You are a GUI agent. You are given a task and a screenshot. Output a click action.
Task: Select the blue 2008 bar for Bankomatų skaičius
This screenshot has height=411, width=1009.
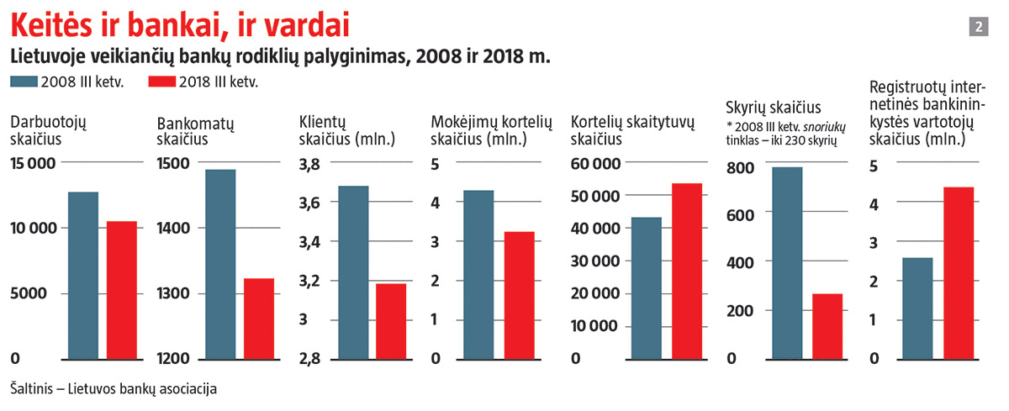(x=221, y=264)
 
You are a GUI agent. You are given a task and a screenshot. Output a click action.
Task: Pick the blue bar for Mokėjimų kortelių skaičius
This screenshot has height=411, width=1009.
(x=478, y=274)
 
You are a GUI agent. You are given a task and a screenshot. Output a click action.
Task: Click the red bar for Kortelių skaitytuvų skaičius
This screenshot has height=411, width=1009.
(x=686, y=271)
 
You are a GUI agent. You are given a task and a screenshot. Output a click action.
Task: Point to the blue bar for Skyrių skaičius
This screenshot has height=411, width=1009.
(x=788, y=262)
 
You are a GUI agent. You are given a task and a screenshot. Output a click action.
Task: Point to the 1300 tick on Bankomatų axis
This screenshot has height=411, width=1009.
(x=173, y=294)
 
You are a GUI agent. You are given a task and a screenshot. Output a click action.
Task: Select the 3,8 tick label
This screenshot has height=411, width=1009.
(x=310, y=164)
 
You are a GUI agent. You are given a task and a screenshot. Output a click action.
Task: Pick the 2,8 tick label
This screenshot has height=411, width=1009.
(x=310, y=359)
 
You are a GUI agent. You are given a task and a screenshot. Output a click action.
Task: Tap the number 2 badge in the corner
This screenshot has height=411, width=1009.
(x=979, y=27)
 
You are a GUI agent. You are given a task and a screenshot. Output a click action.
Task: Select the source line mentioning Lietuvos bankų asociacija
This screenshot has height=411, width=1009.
(x=114, y=389)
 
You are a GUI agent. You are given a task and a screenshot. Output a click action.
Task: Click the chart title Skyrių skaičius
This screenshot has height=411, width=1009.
(x=773, y=108)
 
